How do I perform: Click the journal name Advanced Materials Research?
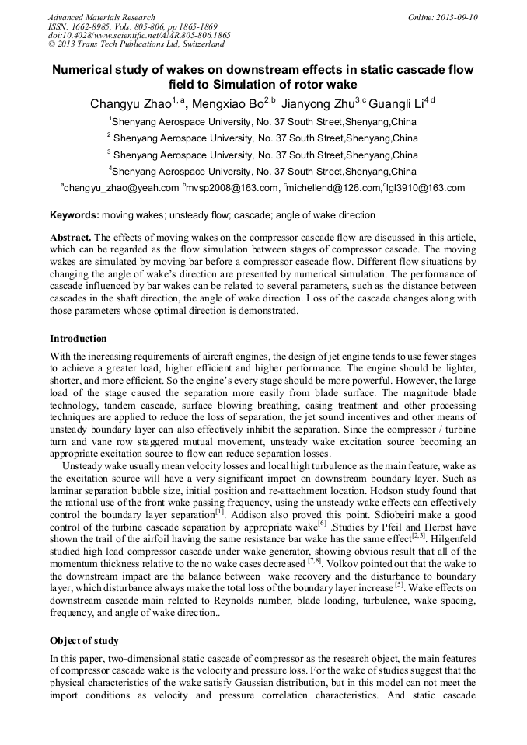pyautogui.click(x=101, y=17)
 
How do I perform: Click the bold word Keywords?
pyautogui.click(x=75, y=214)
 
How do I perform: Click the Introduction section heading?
pyautogui.click(x=79, y=339)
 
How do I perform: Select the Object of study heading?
pyautogui.click(x=84, y=641)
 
